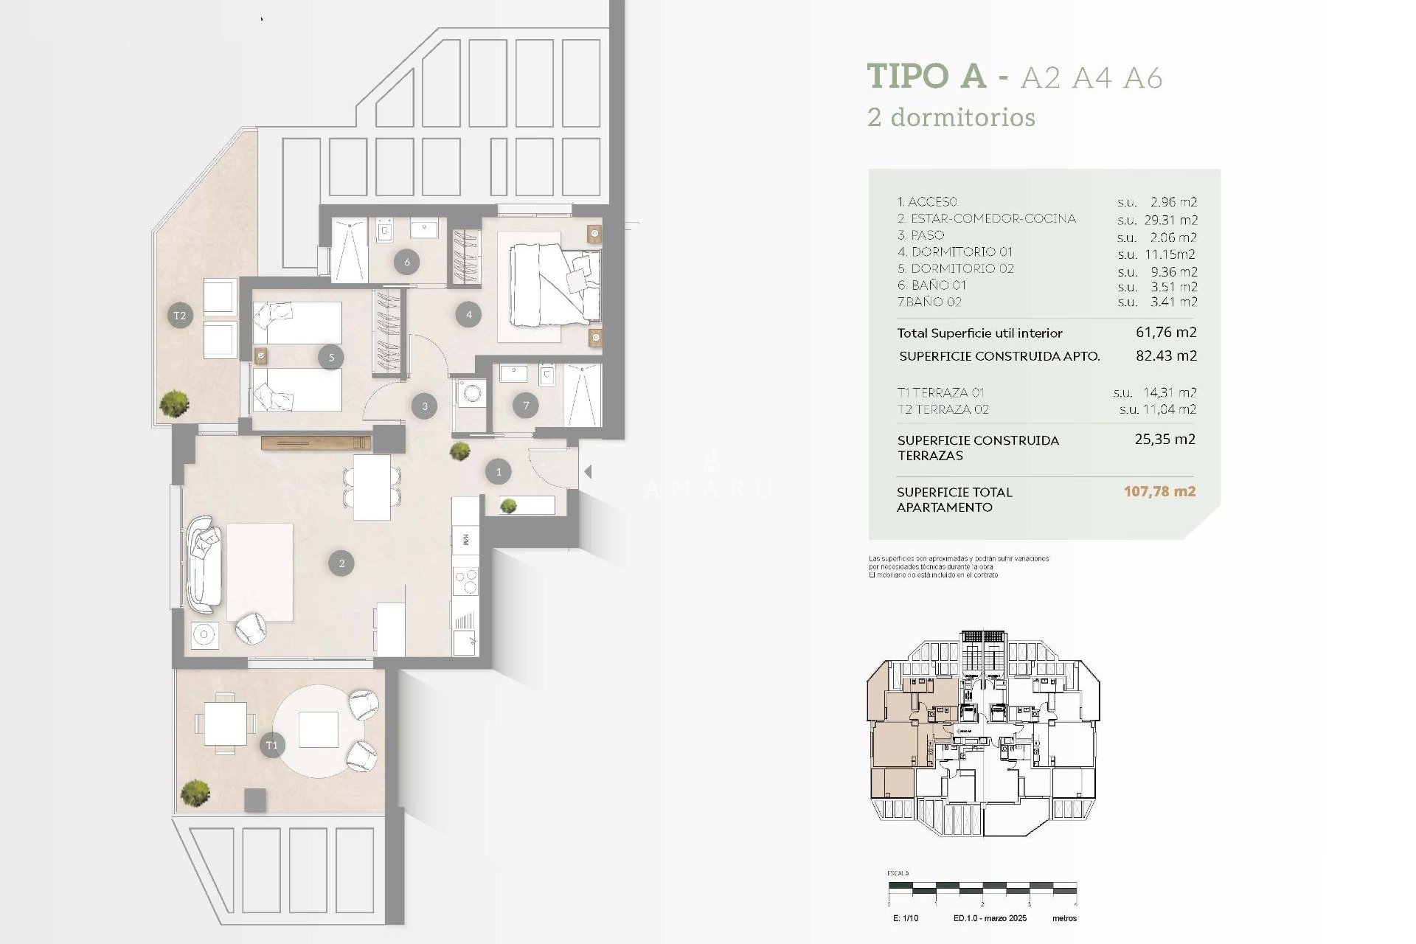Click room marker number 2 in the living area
[x=341, y=563]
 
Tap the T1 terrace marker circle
[x=271, y=746]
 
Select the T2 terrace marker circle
[x=180, y=316]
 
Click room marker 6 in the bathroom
[x=406, y=261]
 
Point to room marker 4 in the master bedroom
[x=469, y=315]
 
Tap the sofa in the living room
[x=204, y=564]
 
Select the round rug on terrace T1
[x=319, y=729]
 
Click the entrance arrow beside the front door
[x=588, y=471]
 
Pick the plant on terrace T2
[x=174, y=403]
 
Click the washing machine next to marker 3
[x=470, y=393]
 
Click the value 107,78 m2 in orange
[x=1159, y=491]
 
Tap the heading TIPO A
[x=926, y=76]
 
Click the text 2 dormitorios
[x=951, y=117]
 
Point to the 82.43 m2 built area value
[x=1166, y=355]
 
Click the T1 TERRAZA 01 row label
[x=940, y=392]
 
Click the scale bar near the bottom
[x=982, y=889]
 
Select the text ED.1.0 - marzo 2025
[x=990, y=918]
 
